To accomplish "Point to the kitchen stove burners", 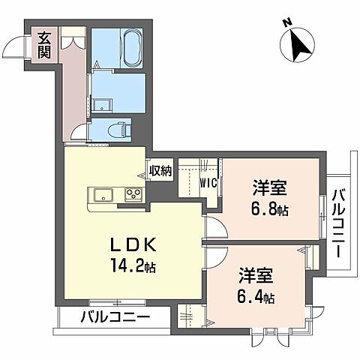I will pyautogui.click(x=133, y=196).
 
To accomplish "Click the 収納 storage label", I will pyautogui.click(x=160, y=171).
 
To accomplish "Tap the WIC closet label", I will pyautogui.click(x=208, y=181).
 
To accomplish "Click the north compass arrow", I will pyautogui.click(x=301, y=47).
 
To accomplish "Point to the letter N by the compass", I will pyautogui.click(x=287, y=25).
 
